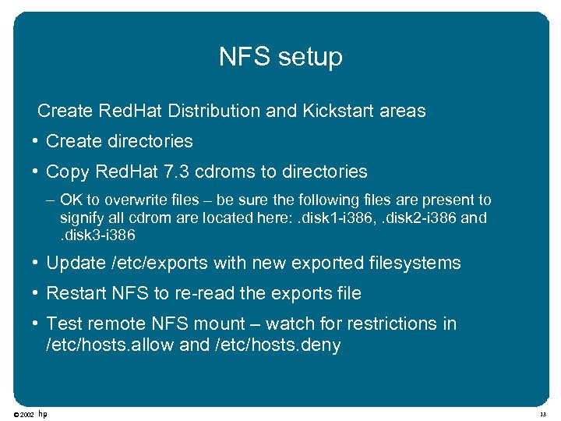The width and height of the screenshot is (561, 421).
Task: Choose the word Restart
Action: coord(73,294)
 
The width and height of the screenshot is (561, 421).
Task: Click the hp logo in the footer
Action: coord(42,413)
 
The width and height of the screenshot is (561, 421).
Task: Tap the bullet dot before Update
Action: coord(37,264)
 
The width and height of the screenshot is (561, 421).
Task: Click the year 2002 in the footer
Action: coord(26,414)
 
